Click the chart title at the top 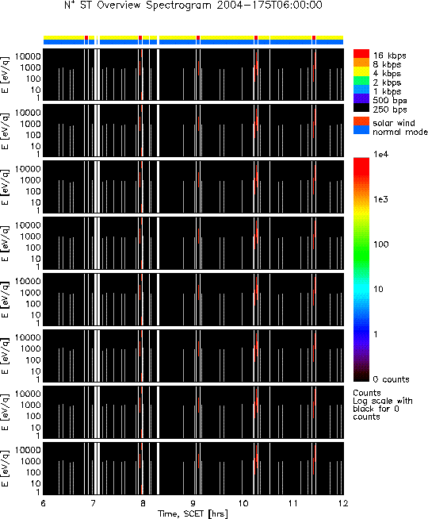pyautogui.click(x=193, y=6)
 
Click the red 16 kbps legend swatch pyautogui.click(x=361, y=54)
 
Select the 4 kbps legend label pyautogui.click(x=387, y=74)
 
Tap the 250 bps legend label pyautogui.click(x=390, y=110)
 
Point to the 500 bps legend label pyautogui.click(x=390, y=100)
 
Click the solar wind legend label pyautogui.click(x=394, y=123)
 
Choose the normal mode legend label pyautogui.click(x=400, y=132)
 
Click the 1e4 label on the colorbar pyautogui.click(x=381, y=154)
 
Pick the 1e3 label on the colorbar pyautogui.click(x=381, y=199)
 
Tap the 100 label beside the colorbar pyautogui.click(x=380, y=244)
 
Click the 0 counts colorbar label pyautogui.click(x=391, y=379)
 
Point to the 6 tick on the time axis pyautogui.click(x=44, y=503)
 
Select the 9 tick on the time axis pyautogui.click(x=193, y=503)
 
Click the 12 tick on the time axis pyautogui.click(x=343, y=503)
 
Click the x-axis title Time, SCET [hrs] pyautogui.click(x=193, y=513)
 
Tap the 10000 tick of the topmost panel pyautogui.click(x=28, y=56)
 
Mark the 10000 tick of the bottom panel pyautogui.click(x=28, y=450)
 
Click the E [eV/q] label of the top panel pyautogui.click(x=6, y=75)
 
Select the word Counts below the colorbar pyautogui.click(x=367, y=393)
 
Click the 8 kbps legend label pyautogui.click(x=387, y=64)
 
